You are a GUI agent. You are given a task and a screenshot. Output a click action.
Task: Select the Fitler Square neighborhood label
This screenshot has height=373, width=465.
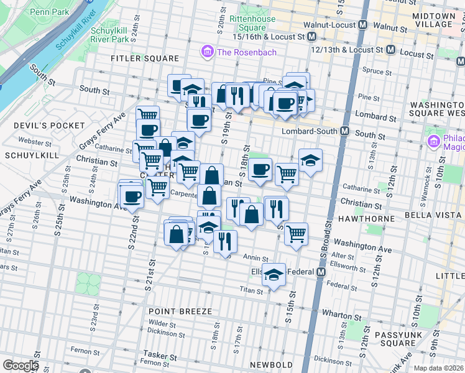click(144, 58)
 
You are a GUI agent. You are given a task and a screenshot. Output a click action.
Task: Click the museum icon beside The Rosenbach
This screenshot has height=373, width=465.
click(207, 52)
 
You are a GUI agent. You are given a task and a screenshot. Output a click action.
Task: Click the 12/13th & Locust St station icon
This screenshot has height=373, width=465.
click(391, 49)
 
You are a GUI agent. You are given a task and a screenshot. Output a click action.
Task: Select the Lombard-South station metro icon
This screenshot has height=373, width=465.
click(343, 131)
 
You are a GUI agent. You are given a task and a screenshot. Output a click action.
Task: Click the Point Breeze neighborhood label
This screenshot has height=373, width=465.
click(180, 311)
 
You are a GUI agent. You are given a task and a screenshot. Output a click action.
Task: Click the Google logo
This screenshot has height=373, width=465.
click(21, 365)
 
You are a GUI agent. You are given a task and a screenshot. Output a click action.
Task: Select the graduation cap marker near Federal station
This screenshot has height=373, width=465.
click(274, 274)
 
